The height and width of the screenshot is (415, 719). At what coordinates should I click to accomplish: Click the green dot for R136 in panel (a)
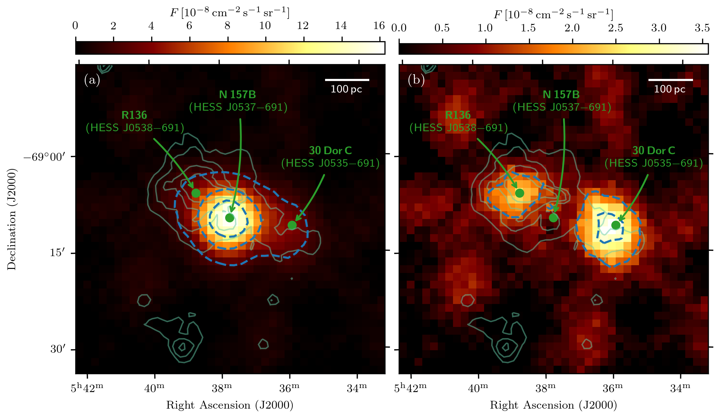pos(196,193)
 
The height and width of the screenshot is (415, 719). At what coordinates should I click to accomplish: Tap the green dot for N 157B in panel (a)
pos(230,218)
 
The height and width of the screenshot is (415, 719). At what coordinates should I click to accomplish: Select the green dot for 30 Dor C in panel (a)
pos(292,225)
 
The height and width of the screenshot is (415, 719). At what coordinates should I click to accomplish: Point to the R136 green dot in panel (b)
pos(520,193)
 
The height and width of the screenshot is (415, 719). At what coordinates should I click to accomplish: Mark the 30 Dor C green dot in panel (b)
pos(616,225)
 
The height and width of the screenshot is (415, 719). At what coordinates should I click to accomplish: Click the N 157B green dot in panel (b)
pos(553,218)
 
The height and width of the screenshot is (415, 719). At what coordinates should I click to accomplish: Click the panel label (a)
pos(92,80)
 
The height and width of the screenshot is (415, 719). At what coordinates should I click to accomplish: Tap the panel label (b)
pos(416,80)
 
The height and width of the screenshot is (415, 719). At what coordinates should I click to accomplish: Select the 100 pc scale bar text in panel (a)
pos(346,89)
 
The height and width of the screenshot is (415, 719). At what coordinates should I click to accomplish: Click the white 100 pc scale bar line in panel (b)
pos(670,80)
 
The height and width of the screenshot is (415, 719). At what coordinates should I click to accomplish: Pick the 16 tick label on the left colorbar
pos(379,26)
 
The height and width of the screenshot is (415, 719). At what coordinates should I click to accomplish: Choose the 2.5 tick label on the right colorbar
pos(615,28)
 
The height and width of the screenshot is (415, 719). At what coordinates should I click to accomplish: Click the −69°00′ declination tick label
pos(49,157)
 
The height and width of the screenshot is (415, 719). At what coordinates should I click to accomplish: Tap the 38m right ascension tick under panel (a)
pos(222,388)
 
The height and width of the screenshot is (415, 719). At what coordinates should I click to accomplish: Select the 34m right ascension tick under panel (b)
pos(681,388)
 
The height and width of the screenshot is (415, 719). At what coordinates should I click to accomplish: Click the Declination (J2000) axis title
pos(12,219)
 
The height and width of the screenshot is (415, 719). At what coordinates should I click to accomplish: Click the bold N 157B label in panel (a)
pos(237,94)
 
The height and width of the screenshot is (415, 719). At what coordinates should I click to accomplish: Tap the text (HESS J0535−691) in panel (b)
pos(654,163)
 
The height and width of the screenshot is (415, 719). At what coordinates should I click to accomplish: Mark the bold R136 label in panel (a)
pos(134,115)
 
